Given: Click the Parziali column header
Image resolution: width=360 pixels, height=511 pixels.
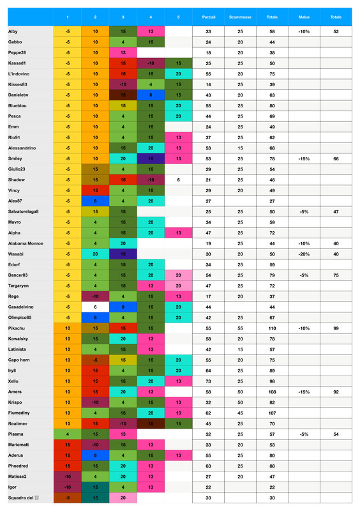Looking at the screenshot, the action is pyautogui.click(x=209, y=17).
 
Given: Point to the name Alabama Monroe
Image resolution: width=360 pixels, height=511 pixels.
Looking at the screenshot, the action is pyautogui.click(x=26, y=244).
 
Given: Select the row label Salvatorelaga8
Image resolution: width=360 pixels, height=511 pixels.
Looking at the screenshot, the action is pyautogui.click(x=24, y=211).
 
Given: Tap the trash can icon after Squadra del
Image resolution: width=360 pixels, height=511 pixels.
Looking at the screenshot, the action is pyautogui.click(x=37, y=498).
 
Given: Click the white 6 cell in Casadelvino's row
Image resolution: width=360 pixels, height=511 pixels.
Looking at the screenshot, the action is pyautogui.click(x=95, y=307).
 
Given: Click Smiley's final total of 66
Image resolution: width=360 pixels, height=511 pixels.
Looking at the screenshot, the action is pyautogui.click(x=336, y=158).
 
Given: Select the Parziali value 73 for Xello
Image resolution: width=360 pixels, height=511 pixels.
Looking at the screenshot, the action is pyautogui.click(x=209, y=380).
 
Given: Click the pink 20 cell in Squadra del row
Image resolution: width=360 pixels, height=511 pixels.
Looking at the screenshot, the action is pyautogui.click(x=123, y=498).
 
